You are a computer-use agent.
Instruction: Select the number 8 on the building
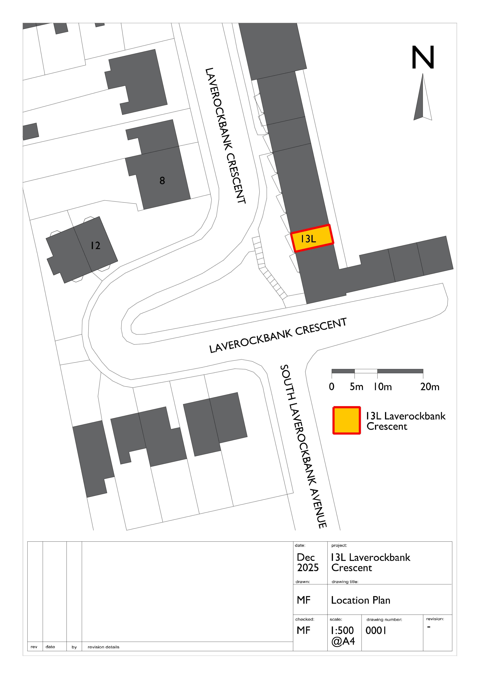162,180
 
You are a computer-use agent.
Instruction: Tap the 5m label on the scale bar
356,387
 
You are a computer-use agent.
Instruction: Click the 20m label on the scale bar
430,387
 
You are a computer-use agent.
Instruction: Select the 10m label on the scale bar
382,387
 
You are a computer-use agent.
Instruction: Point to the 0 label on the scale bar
332,387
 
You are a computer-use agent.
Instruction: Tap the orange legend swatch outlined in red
347,421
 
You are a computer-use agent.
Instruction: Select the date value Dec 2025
308,562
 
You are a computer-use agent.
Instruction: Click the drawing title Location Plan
360,600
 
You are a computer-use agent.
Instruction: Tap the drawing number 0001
376,630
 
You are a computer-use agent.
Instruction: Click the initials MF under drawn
303,600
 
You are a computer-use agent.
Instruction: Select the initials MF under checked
303,630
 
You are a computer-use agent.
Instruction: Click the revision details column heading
103,647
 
